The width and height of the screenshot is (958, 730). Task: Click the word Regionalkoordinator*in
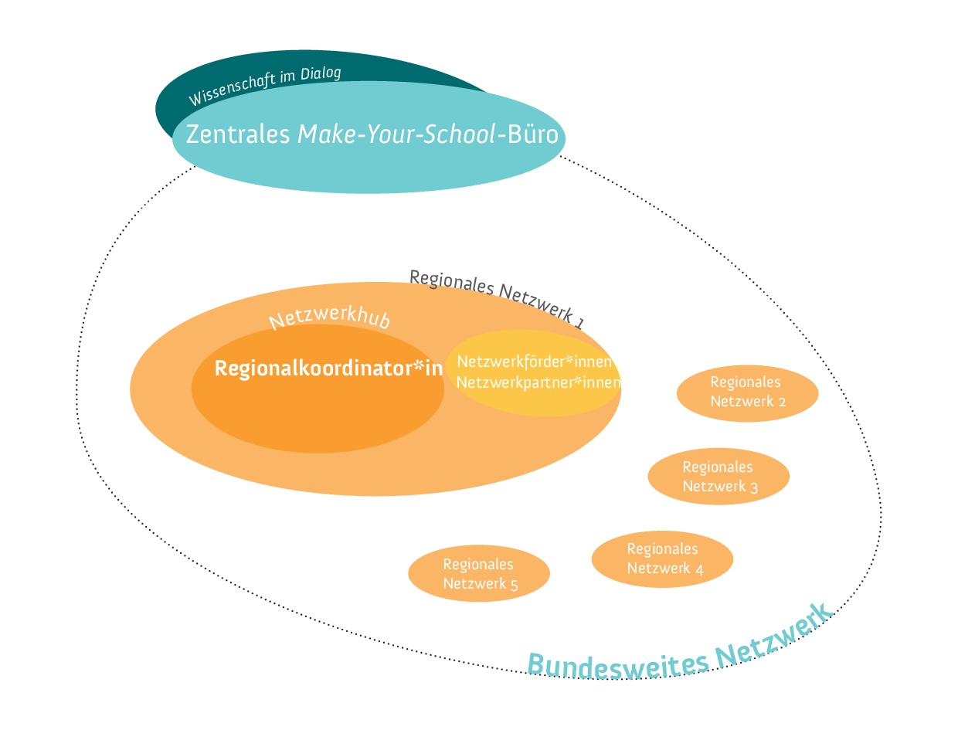328,368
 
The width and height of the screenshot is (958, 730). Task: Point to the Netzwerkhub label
330,317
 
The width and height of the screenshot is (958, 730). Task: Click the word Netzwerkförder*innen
535,362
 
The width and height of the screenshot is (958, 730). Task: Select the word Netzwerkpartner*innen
538,382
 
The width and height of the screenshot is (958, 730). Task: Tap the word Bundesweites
617,660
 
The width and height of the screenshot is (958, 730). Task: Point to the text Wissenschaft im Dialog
265,85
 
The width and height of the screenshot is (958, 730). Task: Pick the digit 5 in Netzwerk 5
514,584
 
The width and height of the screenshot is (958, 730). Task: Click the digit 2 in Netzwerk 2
782,402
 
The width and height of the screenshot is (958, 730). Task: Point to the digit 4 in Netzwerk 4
698,569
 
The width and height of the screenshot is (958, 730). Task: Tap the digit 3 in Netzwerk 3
753,487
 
